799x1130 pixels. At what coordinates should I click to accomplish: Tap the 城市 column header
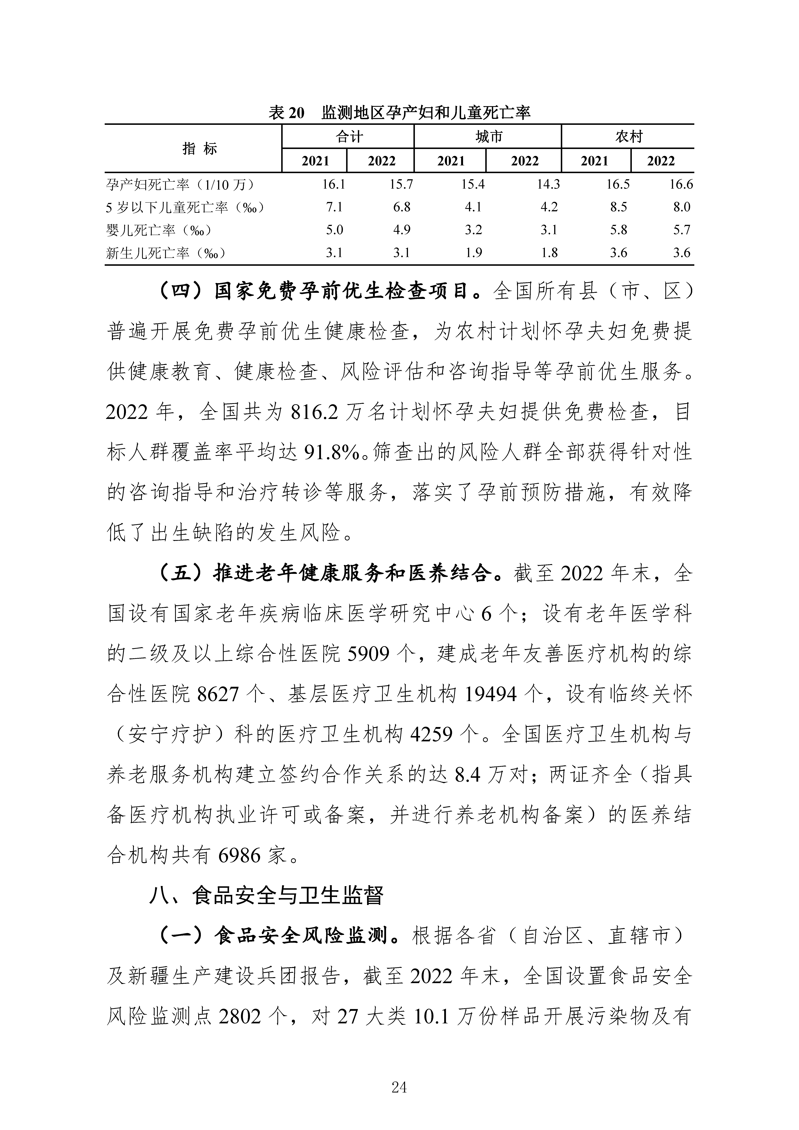click(488, 136)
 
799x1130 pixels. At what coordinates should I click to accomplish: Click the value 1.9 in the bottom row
click(473, 253)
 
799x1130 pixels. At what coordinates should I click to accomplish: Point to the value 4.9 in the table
click(402, 230)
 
